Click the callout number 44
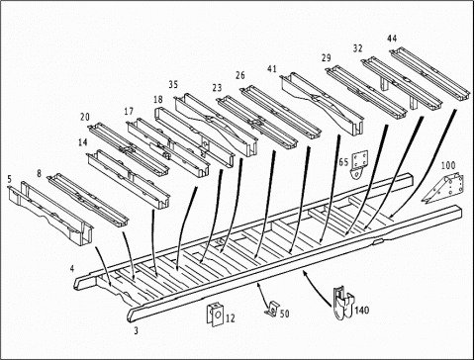[392, 39]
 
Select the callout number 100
[448, 165]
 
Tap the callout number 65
[343, 162]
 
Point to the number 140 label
[362, 310]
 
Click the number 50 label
[285, 314]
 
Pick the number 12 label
[231, 318]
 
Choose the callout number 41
[272, 69]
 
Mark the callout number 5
[9, 179]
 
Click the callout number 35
[173, 85]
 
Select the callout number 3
[136, 330]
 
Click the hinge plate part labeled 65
[359, 165]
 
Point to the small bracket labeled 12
[215, 315]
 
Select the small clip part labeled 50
[272, 309]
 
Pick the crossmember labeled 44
[429, 74]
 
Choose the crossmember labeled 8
[88, 200]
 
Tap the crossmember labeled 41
[322, 104]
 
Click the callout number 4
[72, 269]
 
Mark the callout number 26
[240, 75]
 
